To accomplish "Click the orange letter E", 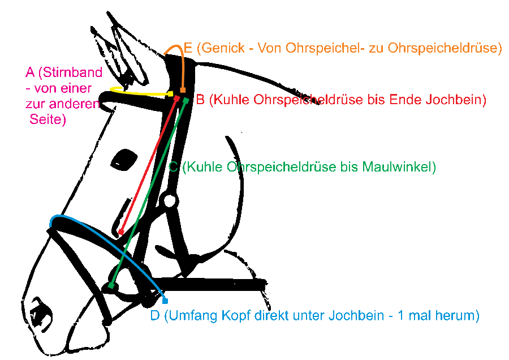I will tap(188, 49).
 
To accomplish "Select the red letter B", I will tap(200, 100).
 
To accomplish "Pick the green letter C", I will tap(174, 168).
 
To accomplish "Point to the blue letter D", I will tap(155, 316).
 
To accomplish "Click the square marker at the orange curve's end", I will tap(183, 90).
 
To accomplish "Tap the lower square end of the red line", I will tap(121, 232).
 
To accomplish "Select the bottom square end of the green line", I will tap(111, 286).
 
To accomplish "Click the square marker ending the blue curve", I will tap(165, 301).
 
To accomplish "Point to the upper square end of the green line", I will tap(186, 101).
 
